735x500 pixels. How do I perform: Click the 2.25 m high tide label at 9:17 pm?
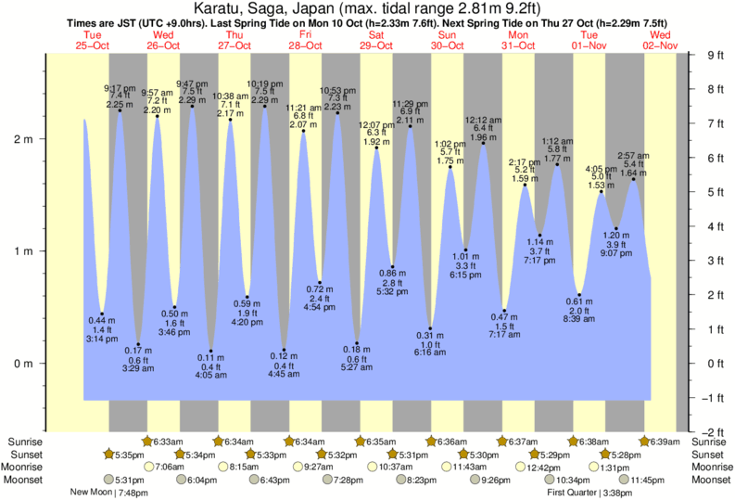[x=119, y=105]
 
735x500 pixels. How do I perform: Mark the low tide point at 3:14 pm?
[x=102, y=314]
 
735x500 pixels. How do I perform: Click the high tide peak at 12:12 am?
[x=483, y=143]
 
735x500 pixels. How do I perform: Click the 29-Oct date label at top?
[x=376, y=45]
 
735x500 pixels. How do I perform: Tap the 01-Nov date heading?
[x=589, y=45]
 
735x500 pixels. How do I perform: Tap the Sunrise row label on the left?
[x=23, y=442]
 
